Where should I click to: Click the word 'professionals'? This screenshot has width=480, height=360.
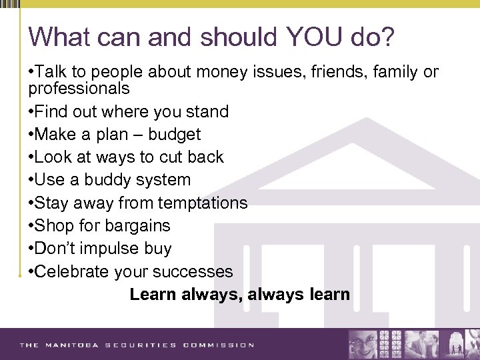[x=79, y=89]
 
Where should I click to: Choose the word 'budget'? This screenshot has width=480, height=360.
[x=174, y=135]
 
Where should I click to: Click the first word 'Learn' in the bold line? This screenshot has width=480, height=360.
[x=153, y=294]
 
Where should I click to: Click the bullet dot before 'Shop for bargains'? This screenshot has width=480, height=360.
[x=31, y=226]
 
